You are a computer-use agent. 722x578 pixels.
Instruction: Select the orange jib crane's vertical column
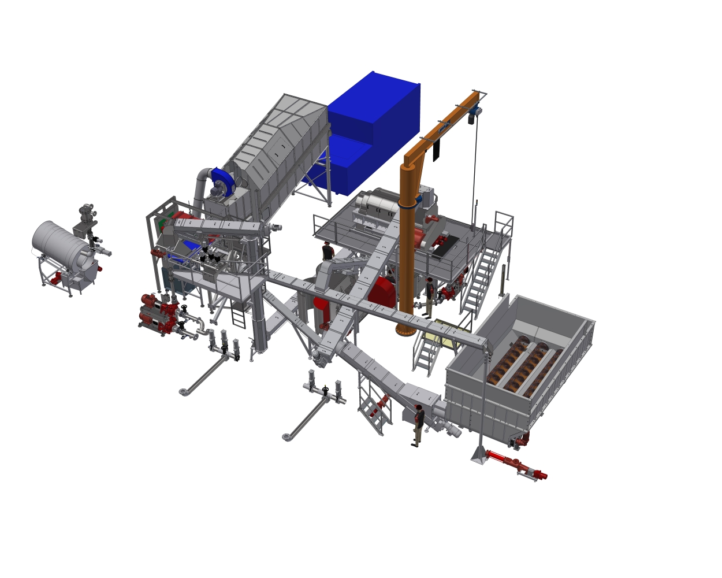407,249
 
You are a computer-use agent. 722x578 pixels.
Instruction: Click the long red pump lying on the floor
517,465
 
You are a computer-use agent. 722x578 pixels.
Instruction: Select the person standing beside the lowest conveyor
418,425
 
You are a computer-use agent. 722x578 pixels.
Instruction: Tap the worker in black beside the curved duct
328,251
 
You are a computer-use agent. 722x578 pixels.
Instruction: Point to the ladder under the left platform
239,314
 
